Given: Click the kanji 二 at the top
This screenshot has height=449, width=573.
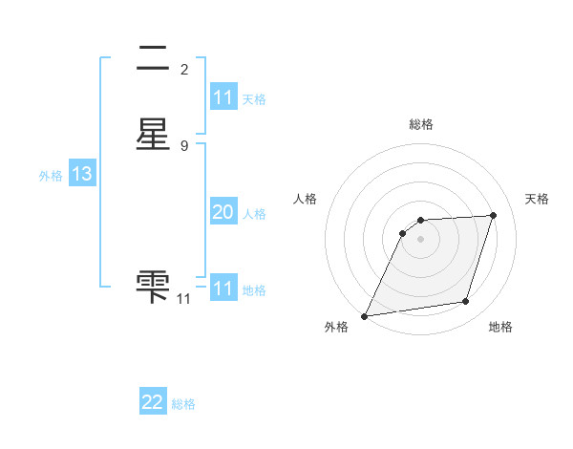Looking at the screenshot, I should point(153,61).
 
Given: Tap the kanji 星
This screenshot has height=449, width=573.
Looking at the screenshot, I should point(153,136).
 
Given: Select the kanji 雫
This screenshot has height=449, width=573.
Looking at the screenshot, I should point(153,284).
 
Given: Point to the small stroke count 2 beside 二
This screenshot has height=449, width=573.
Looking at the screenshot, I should point(184,70).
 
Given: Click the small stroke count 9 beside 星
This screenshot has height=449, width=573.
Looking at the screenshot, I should point(184,145).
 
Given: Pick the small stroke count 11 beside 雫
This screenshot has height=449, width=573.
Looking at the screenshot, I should point(184,299).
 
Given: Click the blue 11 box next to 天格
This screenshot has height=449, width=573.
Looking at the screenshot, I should point(223,97).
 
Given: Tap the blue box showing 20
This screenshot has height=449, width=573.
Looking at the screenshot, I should point(223,213).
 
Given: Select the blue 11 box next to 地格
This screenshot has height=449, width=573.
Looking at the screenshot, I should point(223,289).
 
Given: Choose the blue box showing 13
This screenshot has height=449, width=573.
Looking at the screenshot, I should point(81,175).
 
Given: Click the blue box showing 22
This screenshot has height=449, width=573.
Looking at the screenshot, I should point(153,403).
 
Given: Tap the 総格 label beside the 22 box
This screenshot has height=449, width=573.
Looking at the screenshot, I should point(183,404).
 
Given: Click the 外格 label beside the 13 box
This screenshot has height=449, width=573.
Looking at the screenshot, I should point(51,176).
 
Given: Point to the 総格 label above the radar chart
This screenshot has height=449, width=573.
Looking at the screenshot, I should point(420,124).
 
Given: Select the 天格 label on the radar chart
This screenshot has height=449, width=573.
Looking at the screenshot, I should point(537,199).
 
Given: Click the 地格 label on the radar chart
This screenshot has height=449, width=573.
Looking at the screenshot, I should point(500,328).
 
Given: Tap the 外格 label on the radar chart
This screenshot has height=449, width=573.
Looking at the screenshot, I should point(336,328).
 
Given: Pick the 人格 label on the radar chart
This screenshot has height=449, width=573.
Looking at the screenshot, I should point(305,199).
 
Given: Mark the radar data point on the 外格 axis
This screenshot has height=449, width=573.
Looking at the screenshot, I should point(365,316).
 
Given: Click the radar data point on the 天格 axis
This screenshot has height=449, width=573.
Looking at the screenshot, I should point(494,215).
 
